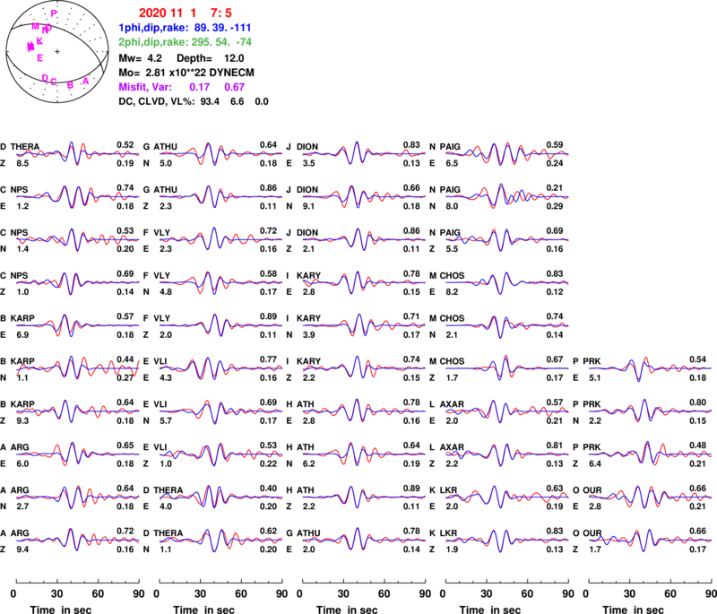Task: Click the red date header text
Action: pyautogui.click(x=186, y=13)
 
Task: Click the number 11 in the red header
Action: pyautogui.click(x=176, y=13)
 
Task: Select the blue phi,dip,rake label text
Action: pyautogui.click(x=152, y=28)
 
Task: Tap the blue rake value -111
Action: pyautogui.click(x=238, y=28)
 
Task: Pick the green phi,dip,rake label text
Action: pyautogui.click(x=152, y=41)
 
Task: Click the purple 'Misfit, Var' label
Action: pyautogui.click(x=144, y=88)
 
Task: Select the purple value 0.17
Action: pyautogui.click(x=200, y=88)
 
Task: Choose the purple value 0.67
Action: pyautogui.click(x=235, y=88)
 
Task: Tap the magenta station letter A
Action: pyautogui.click(x=86, y=82)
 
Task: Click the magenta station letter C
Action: pyautogui.click(x=54, y=82)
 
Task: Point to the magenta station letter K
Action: pyautogui.click(x=40, y=40)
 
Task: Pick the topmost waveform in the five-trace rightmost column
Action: pyautogui.click(x=651, y=368)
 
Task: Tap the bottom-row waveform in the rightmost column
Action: pyautogui.click(x=651, y=540)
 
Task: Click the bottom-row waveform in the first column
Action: pyautogui.click(x=77, y=540)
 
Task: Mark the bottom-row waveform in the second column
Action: pyautogui.click(x=220, y=540)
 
